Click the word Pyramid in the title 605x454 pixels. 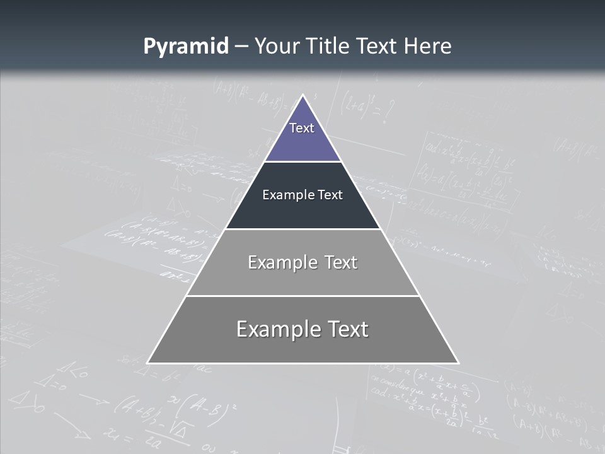click(185, 47)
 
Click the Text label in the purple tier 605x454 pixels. click(301, 128)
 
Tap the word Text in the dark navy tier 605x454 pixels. click(330, 195)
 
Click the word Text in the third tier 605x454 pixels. click(341, 262)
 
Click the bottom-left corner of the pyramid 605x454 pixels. click(148, 363)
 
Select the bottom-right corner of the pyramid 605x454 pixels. click(458, 363)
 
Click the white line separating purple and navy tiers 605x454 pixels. click(302, 161)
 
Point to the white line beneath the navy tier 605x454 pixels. click(302, 229)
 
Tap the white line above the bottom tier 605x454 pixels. click(302, 296)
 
